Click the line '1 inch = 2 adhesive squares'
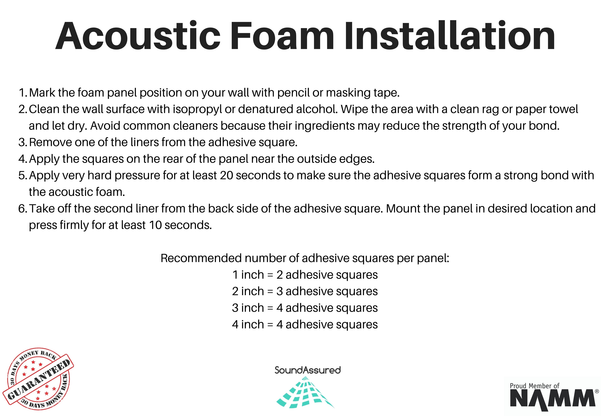(x=305, y=275)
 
